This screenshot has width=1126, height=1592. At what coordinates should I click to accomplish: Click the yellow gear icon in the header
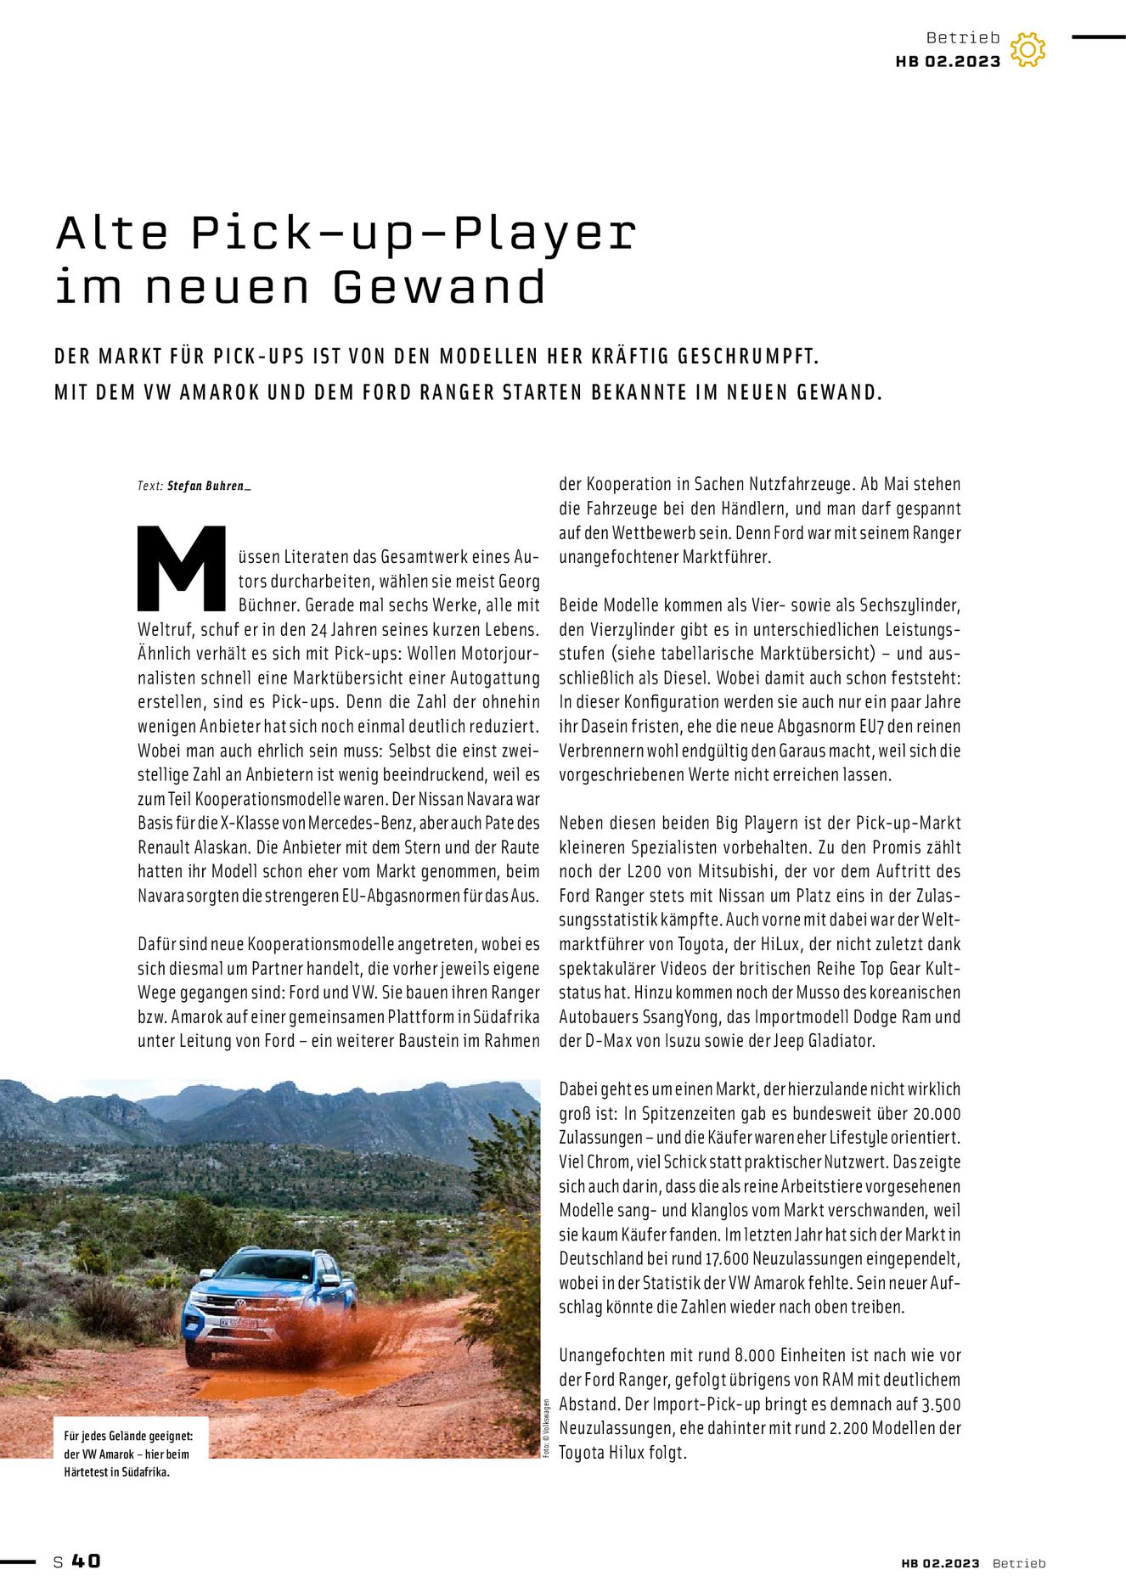[1027, 50]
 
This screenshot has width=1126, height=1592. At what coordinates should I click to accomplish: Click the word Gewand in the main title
[439, 287]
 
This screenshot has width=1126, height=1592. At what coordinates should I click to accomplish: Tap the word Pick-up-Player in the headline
[414, 233]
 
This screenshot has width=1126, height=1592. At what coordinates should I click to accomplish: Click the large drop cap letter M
[182, 569]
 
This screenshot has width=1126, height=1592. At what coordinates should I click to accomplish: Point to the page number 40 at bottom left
[86, 1561]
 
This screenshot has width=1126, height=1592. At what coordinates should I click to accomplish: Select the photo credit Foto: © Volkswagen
[547, 1428]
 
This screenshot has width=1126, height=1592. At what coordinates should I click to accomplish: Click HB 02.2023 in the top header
[948, 62]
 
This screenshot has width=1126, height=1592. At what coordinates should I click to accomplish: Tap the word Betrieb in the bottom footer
[1019, 1563]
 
